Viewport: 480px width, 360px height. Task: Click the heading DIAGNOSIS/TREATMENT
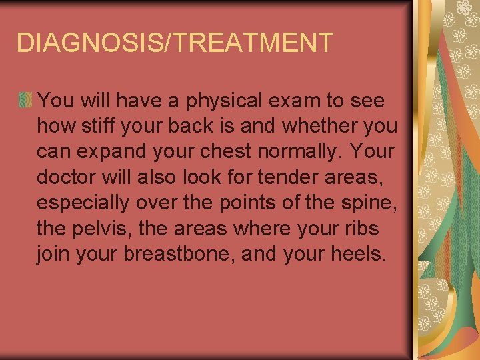pos(174,43)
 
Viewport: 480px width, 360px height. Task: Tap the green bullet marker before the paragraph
pos(25,101)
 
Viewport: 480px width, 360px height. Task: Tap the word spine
pos(371,203)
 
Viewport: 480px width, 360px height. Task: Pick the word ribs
pos(364,228)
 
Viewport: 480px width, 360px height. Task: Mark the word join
pos(55,253)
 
